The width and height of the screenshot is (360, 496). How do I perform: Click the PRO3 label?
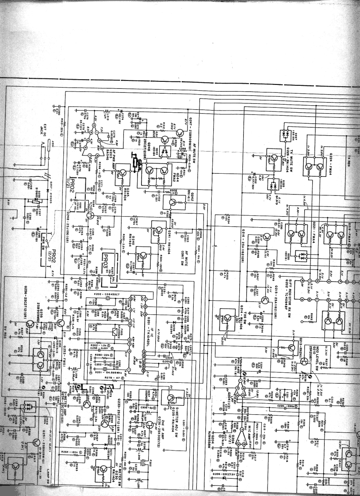click(107, 258)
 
